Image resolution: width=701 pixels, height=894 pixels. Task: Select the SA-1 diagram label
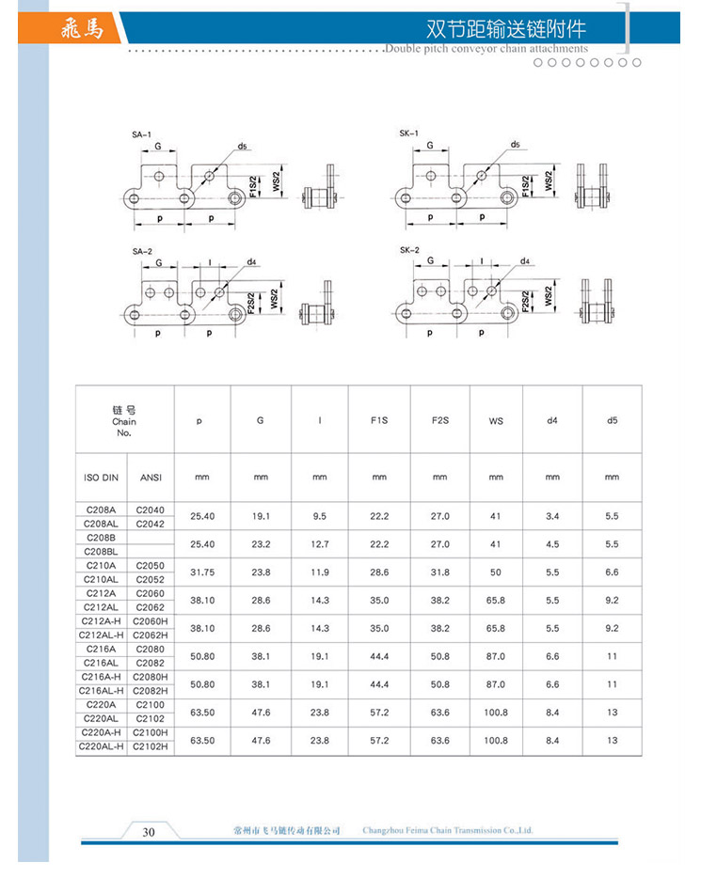click(142, 136)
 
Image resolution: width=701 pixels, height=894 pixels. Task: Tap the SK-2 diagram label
click(409, 250)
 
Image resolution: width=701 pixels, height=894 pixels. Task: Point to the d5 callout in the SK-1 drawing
click(515, 145)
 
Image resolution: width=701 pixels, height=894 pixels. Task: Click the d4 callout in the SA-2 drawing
click(250, 261)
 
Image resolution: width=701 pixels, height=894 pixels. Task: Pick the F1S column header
click(379, 420)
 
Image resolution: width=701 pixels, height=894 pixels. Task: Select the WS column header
click(496, 420)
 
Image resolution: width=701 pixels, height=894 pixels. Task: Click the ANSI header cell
click(151, 478)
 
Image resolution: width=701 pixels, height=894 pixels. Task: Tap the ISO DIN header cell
click(101, 478)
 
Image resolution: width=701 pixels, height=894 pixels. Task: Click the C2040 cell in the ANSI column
click(151, 510)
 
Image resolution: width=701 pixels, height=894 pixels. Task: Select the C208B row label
click(101, 537)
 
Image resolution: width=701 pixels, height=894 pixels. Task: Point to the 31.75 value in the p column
click(202, 572)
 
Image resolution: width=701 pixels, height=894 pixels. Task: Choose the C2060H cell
click(151, 621)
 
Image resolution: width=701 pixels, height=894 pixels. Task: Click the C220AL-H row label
click(101, 747)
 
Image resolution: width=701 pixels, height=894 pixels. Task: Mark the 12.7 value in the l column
click(320, 544)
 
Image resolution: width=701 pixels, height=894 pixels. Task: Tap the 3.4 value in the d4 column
click(552, 516)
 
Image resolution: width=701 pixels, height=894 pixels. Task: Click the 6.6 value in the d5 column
click(612, 572)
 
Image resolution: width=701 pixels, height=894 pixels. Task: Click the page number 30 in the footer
click(149, 831)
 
